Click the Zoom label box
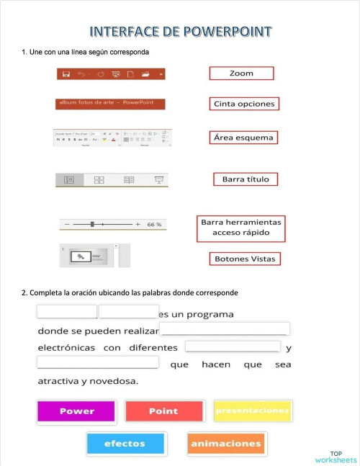coord(241,73)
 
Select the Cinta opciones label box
coord(244,104)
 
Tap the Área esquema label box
coord(244,137)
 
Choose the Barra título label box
coord(245,179)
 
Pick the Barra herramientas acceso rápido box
coord(241,228)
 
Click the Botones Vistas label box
coord(245,259)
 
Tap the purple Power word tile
coord(76,411)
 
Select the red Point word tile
coord(163,411)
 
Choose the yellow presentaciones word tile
coord(253,411)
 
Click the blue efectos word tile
coord(125,444)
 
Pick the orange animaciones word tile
coord(226,444)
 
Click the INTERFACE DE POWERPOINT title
coord(181,32)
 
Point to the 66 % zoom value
coord(154,225)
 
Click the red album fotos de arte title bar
coord(110,104)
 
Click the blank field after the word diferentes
coord(233,347)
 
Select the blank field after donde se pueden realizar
coord(225,330)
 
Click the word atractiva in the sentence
coord(58,381)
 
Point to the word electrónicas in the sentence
coord(66,348)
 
